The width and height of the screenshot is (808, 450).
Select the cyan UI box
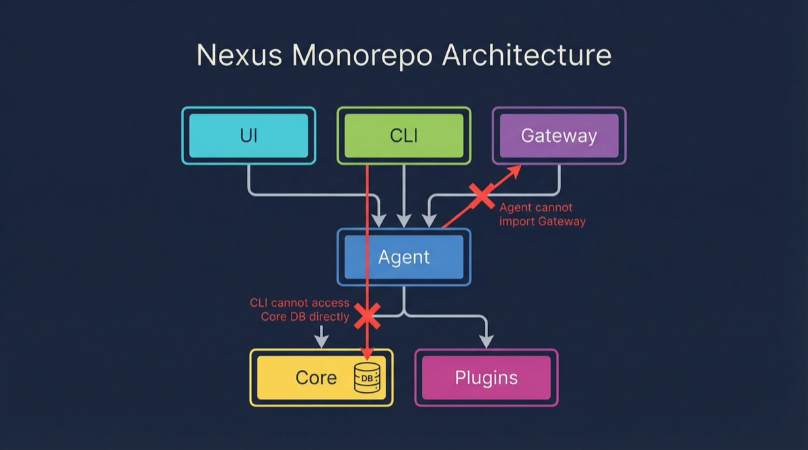click(248, 136)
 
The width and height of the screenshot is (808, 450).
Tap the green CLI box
click(403, 136)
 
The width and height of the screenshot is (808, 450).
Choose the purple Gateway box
click(559, 136)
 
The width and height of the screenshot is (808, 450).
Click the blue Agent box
click(403, 257)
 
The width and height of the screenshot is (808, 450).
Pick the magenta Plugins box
click(486, 377)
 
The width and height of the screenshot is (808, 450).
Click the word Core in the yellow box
click(316, 377)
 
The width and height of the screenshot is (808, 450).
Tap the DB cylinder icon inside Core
click(367, 377)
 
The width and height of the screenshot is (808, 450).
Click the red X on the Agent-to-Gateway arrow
click(482, 196)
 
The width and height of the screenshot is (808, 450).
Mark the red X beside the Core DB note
click(367, 315)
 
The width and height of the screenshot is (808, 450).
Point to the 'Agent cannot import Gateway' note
click(542, 215)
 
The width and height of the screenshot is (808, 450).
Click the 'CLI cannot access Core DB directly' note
click(300, 310)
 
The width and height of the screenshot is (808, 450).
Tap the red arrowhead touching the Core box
click(367, 352)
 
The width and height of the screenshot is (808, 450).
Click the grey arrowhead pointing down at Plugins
click(486, 341)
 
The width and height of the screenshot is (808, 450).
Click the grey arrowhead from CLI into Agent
click(403, 220)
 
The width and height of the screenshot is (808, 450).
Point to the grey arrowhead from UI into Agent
click(379, 220)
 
